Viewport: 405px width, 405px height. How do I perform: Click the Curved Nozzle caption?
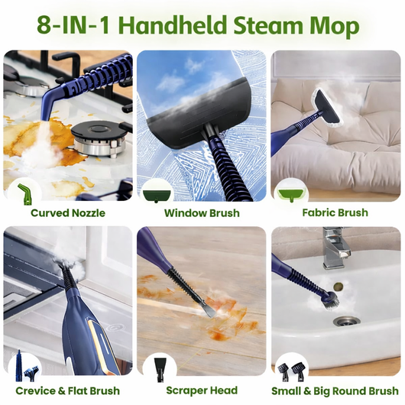[68, 213]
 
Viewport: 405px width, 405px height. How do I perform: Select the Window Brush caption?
[202, 213]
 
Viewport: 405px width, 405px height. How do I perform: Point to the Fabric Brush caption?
[335, 212]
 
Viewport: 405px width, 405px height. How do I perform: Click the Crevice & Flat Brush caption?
[68, 390]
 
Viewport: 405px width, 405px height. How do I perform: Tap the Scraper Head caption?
[202, 390]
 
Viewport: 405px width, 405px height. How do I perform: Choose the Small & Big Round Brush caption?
[335, 390]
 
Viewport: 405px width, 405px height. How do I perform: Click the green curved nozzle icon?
[24, 194]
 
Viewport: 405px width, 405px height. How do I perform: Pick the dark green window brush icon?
[157, 196]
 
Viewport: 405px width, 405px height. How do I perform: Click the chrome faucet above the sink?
[335, 248]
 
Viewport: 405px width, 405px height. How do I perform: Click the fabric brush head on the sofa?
[327, 106]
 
